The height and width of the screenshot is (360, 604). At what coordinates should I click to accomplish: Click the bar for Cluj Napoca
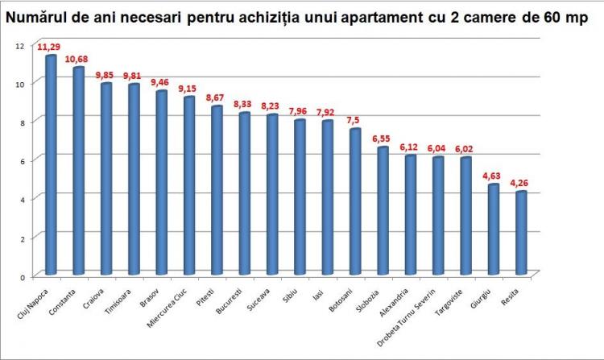pos(51,165)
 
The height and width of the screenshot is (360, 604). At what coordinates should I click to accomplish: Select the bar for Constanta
pos(78,171)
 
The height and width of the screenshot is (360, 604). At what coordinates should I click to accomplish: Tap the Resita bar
pos(520,233)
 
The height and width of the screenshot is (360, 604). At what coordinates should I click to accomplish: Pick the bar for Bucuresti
pos(244,193)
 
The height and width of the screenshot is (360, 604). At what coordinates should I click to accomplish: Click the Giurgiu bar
pos(493,230)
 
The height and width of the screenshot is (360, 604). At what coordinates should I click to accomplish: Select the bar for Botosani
pos(354,201)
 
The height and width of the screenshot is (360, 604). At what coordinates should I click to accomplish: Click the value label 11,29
pos(51,48)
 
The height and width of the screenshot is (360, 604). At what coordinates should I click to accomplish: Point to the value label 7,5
pos(355,121)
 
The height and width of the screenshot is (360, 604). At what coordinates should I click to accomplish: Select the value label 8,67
pos(217,97)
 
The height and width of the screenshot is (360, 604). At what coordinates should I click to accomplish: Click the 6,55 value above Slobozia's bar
pos(383,139)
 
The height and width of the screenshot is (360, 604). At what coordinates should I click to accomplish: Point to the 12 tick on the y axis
pos(20,45)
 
